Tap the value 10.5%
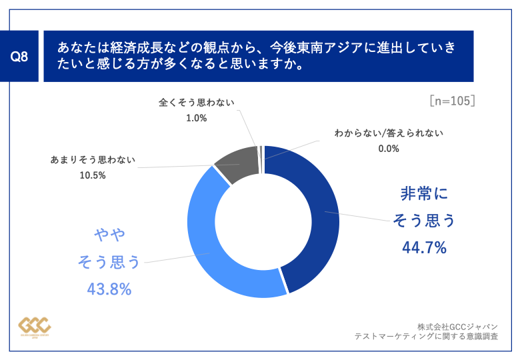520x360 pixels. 93,175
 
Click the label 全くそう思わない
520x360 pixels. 197,103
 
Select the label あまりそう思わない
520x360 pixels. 93,160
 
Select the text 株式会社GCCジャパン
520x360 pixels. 457,327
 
